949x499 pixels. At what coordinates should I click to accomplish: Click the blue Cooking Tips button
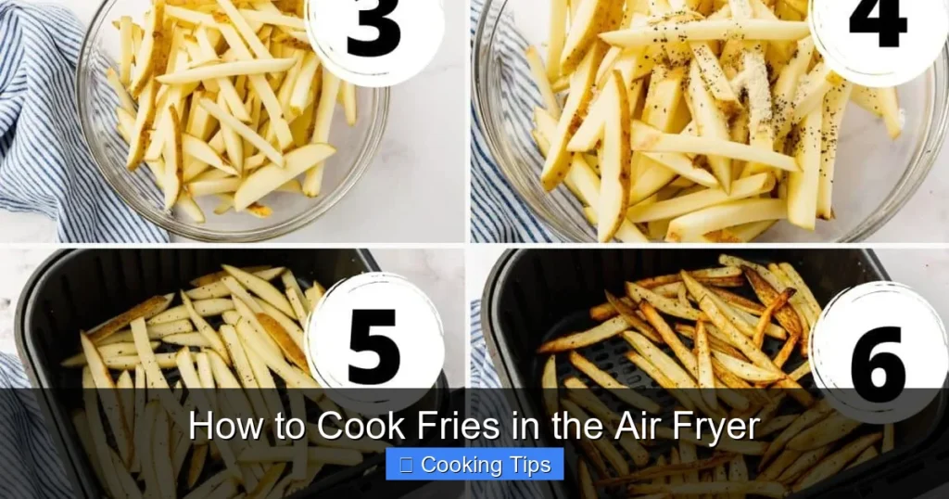[x=474, y=465]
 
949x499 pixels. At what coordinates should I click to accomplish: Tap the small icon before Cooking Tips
[x=405, y=465]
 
